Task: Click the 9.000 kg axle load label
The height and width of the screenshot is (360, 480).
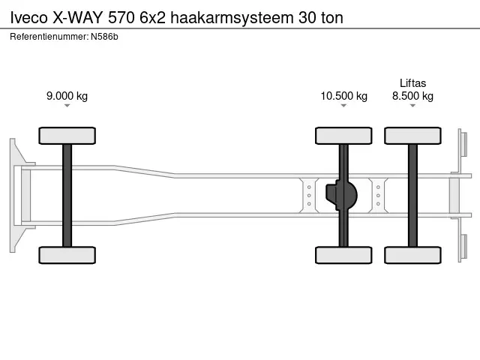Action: [67, 96]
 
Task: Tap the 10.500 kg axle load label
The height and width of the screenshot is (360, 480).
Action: [343, 96]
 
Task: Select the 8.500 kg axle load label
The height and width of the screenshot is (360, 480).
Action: [412, 96]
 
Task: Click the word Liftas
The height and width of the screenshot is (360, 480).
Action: [412, 83]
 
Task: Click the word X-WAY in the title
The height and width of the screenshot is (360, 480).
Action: [79, 17]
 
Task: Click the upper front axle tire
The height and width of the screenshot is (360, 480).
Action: [67, 136]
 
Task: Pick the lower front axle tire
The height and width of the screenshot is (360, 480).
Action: [67, 255]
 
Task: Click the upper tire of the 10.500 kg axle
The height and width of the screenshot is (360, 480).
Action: [343, 136]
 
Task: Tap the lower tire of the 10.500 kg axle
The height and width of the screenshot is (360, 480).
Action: [343, 255]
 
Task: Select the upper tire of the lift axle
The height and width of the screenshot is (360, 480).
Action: [412, 136]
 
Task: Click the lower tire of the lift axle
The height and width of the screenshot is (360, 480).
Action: [412, 255]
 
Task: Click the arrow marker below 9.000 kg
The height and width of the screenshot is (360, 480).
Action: [67, 106]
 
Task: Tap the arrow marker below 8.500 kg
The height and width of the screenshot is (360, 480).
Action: [412, 106]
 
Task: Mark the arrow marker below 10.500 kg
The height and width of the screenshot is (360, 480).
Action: [343, 106]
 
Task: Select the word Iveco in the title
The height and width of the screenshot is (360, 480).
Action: [26, 17]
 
